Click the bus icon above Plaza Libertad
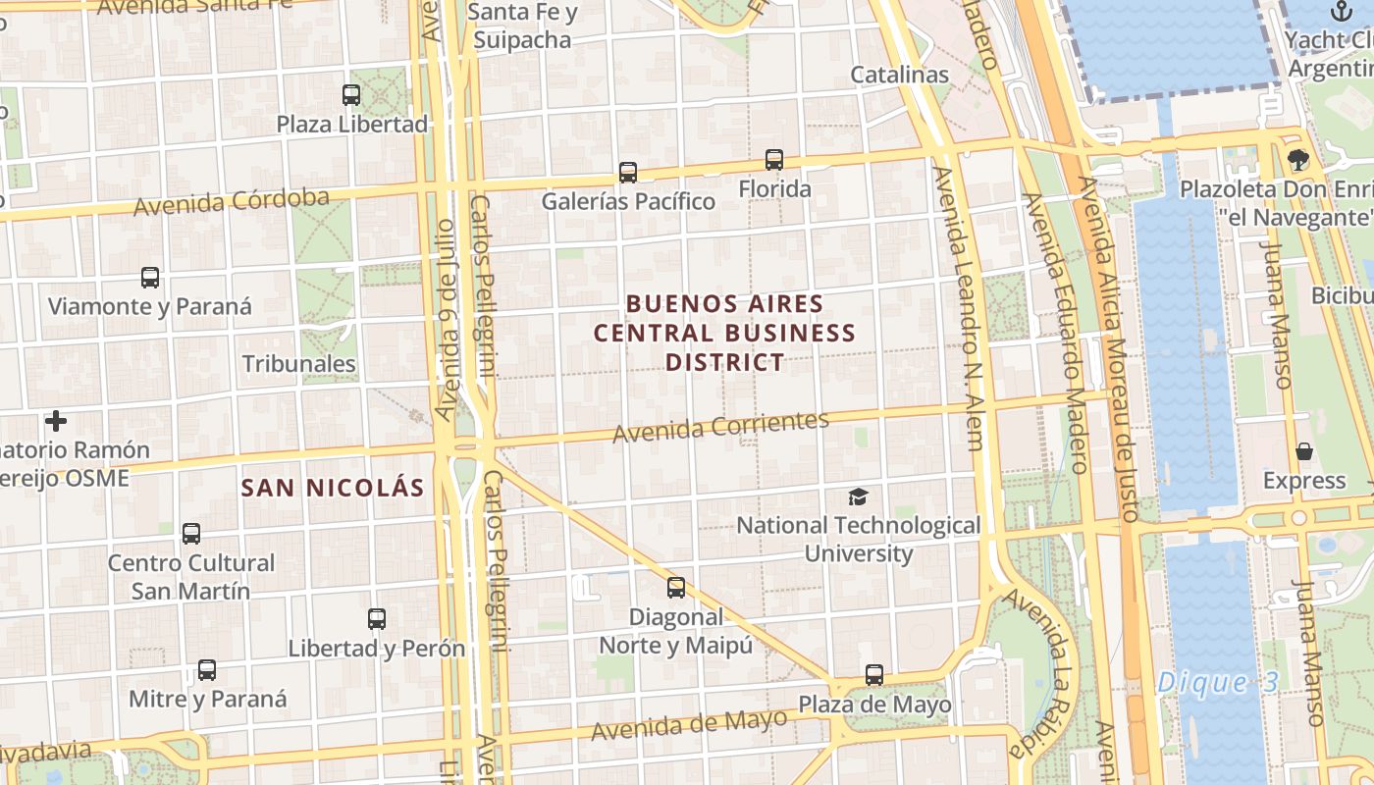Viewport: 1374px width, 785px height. (351, 95)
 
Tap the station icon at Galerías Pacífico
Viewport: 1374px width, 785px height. (628, 173)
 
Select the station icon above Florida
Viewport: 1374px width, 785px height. (774, 160)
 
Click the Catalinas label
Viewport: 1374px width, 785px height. (899, 75)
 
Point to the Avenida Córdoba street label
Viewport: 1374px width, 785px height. (232, 202)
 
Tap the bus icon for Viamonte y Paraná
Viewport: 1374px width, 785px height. (150, 278)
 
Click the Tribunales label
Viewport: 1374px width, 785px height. (298, 364)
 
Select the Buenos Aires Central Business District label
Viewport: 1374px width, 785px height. (725, 333)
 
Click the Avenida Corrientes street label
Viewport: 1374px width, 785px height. (720, 427)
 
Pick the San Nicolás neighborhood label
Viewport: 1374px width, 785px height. (333, 488)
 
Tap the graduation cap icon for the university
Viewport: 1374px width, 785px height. (858, 497)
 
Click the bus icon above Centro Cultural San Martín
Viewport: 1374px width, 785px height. (191, 534)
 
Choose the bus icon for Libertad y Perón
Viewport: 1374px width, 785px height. (377, 619)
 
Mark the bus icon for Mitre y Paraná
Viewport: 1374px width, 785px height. (207, 670)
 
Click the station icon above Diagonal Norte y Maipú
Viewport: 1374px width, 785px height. (676, 588)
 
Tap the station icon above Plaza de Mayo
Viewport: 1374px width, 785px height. (874, 675)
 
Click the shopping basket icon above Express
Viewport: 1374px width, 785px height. (1304, 451)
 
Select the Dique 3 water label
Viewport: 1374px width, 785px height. (1217, 683)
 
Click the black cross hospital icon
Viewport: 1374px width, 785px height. (56, 421)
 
